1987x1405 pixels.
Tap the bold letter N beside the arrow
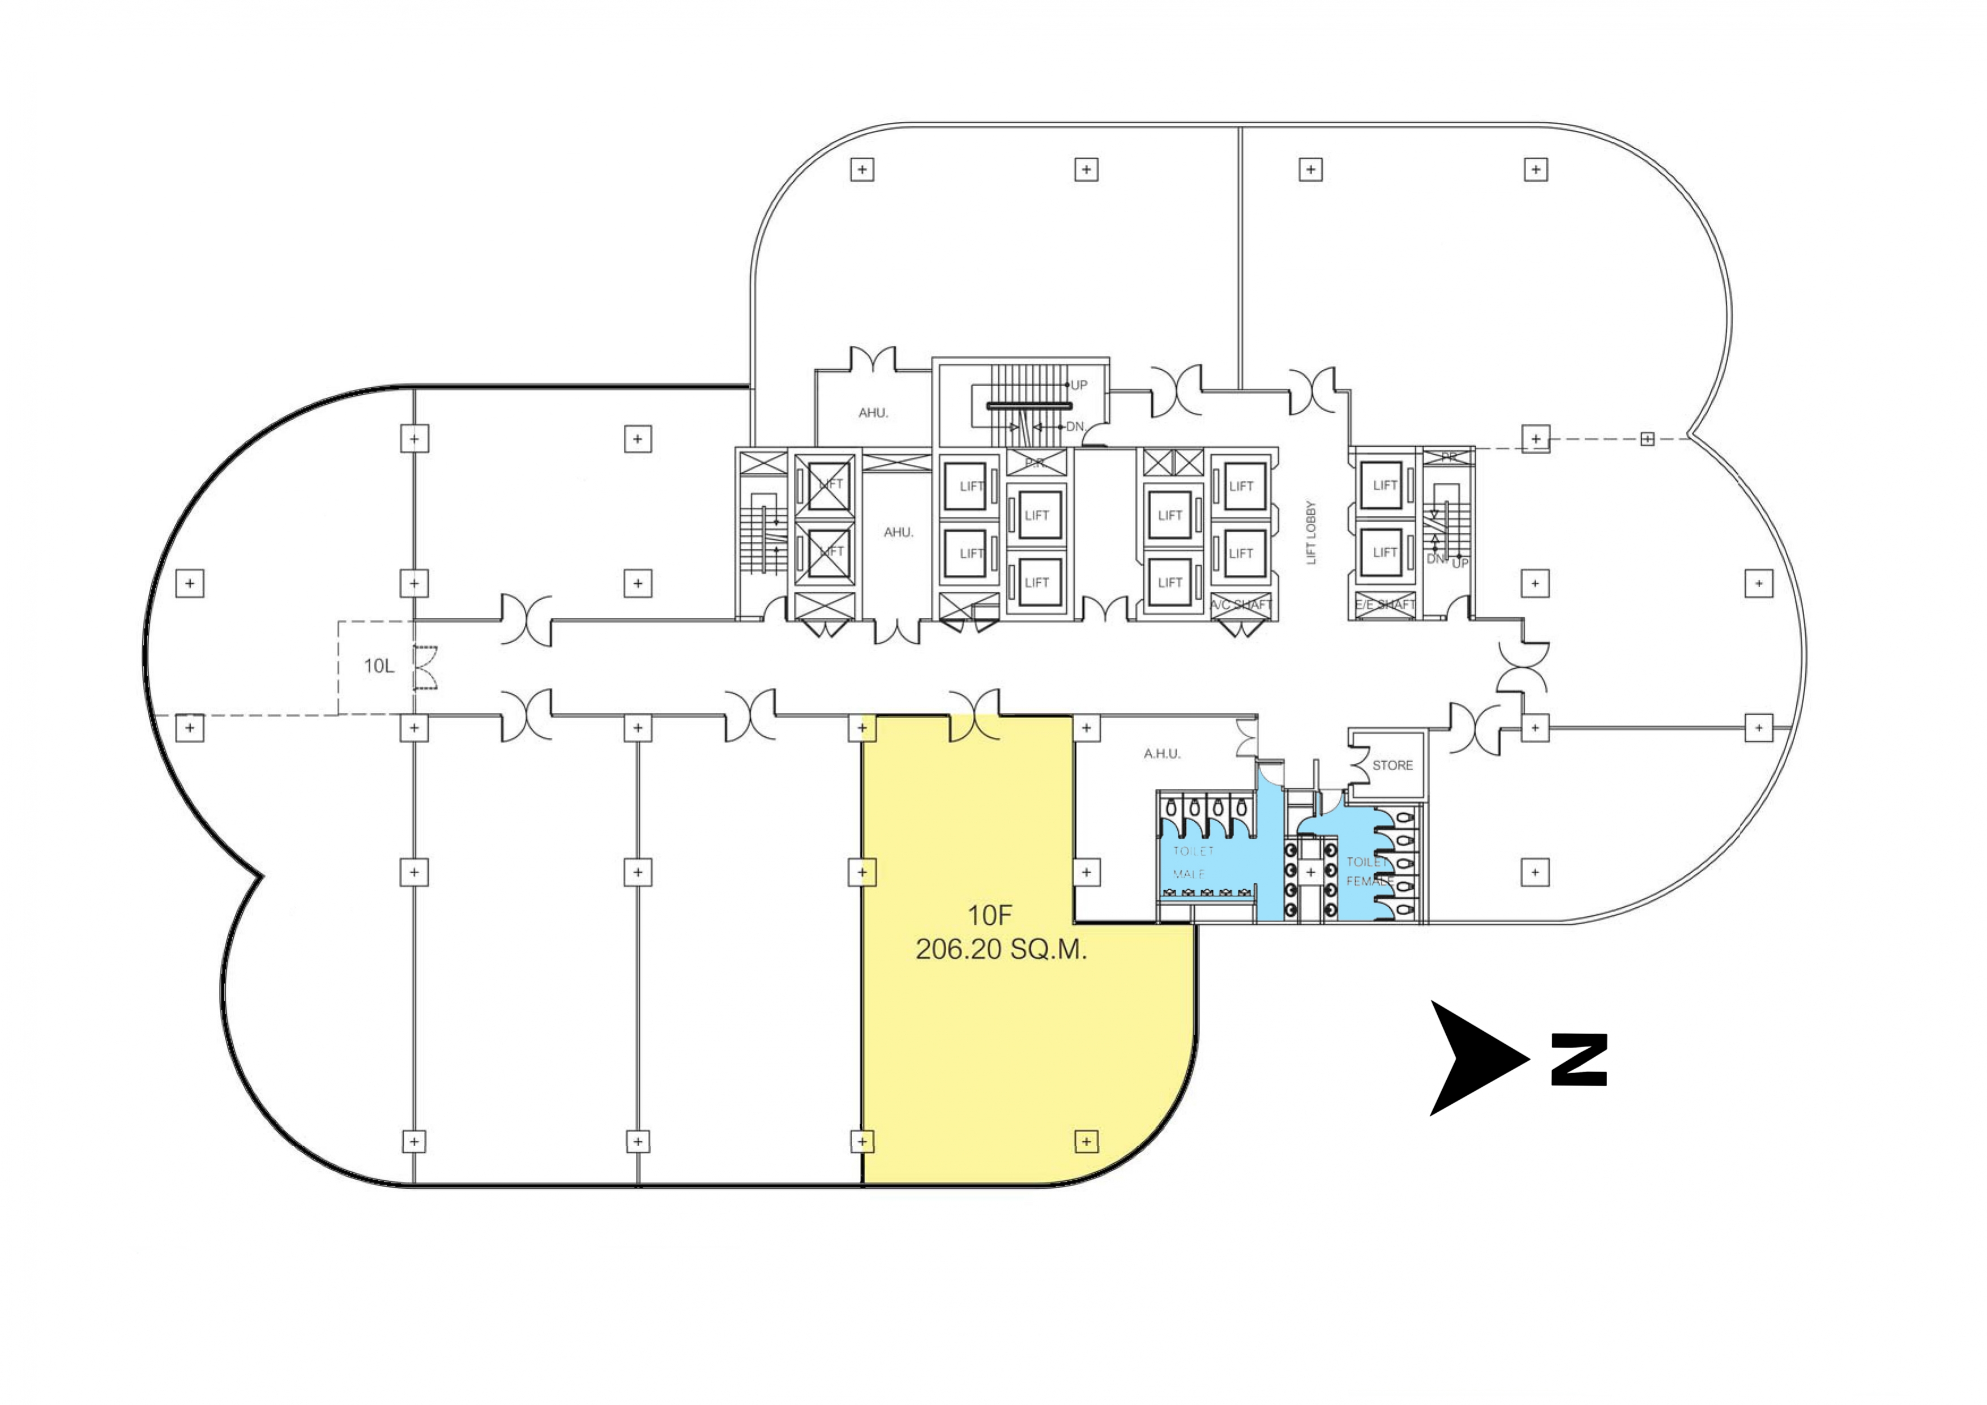1579,1060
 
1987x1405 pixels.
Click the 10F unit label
989,915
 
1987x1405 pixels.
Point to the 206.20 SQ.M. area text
1001,950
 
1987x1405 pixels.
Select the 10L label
378,666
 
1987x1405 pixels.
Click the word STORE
1392,765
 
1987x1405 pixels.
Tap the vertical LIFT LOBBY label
1311,532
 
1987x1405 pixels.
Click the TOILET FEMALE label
1369,872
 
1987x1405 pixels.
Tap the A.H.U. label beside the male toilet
1161,754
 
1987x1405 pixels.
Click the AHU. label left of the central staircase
873,413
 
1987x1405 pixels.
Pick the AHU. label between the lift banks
898,532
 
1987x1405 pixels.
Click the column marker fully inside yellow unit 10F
1086,1142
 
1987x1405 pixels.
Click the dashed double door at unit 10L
425,668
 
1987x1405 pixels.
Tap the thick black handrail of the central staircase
1029,405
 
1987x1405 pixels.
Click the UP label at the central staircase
1078,385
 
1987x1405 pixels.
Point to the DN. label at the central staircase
1075,427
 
